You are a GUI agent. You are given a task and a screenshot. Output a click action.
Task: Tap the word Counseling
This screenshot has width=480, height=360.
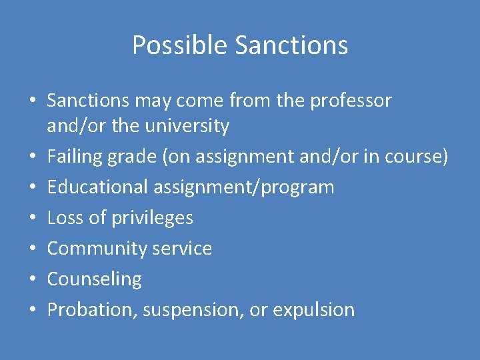coord(94,279)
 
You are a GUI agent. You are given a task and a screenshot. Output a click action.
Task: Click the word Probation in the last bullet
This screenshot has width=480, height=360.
coord(90,310)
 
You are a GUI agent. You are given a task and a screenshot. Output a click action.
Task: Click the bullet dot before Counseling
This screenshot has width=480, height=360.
coord(32,280)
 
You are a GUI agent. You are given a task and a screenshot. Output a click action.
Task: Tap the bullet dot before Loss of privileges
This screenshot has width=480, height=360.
coord(32,219)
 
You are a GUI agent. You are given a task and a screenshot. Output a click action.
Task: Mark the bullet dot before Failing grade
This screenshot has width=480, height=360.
coord(32,157)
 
